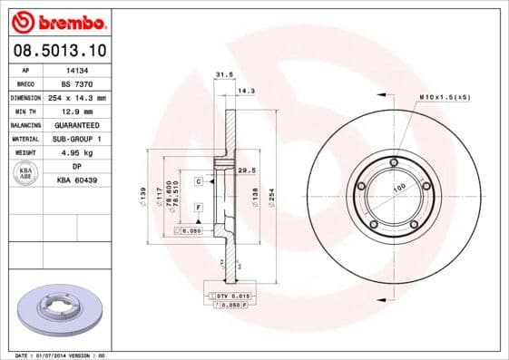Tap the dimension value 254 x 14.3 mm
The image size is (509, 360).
77,96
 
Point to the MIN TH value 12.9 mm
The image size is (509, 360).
77,110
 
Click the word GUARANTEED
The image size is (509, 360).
77,124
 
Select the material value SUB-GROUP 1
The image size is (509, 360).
77,139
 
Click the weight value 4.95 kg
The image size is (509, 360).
77,152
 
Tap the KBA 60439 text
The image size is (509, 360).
77,180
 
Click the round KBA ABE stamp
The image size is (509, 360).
25,174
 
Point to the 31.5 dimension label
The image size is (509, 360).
220,75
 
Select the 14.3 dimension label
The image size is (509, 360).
244,90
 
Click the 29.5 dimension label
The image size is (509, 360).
244,170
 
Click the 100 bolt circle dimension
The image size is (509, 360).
397,190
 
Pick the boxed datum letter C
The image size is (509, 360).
198,181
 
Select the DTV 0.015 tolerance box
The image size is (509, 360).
232,297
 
